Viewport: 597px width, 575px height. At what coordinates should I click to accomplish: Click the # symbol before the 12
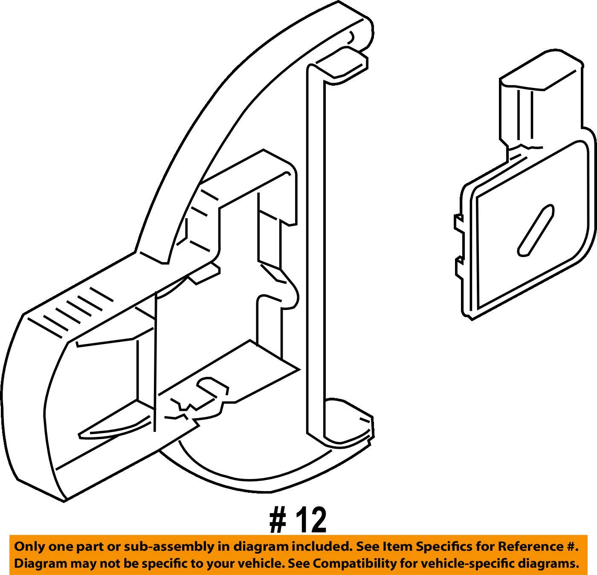[x=278, y=520]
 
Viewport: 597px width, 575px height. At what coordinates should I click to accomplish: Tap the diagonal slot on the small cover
[x=536, y=230]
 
